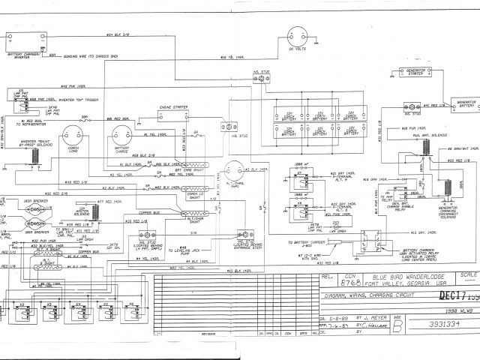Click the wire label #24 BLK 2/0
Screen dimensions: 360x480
(118, 34)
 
